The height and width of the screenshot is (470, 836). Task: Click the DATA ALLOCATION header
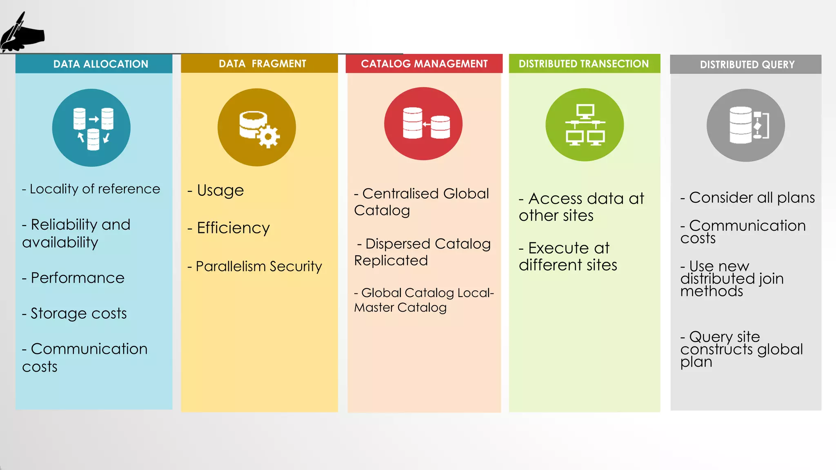pos(100,64)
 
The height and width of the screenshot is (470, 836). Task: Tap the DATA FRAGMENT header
pos(262,64)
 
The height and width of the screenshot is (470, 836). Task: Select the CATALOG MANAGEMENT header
pos(424,64)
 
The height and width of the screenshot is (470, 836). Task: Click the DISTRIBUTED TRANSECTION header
pos(584,64)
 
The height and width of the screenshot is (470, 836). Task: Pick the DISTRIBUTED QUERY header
pos(747,64)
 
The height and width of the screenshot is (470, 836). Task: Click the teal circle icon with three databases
pos(91,128)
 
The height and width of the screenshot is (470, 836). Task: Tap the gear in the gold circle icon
pos(268,136)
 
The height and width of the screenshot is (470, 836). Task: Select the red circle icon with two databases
pos(423,124)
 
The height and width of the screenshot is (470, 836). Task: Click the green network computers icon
pos(585,125)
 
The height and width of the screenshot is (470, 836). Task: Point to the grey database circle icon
pos(746,125)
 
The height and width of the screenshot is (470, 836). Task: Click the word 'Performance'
pos(78,278)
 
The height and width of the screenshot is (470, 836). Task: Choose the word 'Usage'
pos(220,191)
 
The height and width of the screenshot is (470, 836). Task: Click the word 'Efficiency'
pos(233,228)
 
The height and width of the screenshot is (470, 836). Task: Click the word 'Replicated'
pos(391,260)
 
